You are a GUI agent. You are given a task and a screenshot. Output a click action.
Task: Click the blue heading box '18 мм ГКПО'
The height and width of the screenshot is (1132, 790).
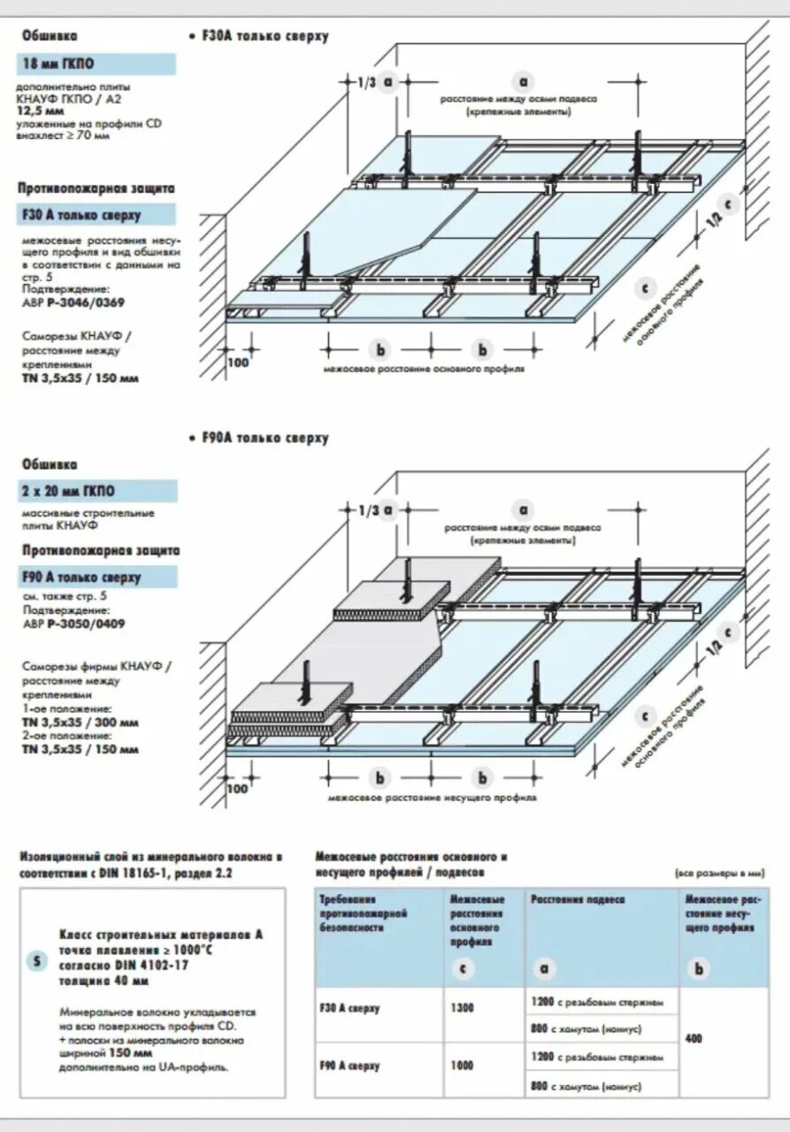point(96,64)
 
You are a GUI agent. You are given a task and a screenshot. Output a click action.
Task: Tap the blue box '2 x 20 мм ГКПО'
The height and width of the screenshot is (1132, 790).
point(96,491)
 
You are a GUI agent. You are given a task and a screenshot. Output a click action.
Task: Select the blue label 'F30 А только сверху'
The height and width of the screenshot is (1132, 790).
point(96,215)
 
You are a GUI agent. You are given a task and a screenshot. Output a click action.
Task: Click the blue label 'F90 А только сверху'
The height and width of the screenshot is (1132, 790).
point(96,577)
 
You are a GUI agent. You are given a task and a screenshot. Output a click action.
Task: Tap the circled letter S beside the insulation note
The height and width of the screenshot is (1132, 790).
point(36,962)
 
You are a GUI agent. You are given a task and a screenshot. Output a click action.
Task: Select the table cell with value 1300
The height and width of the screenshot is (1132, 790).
point(463,1007)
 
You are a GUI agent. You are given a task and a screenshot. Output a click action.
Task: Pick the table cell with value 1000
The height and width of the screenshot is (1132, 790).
point(463,1066)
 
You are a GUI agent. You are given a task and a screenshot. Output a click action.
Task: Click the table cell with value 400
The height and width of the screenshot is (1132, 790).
point(694,1038)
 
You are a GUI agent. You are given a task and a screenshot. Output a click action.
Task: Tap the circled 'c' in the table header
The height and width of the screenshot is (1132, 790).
point(463,968)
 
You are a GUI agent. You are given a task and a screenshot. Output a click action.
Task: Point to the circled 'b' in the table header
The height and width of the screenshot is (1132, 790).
point(700,968)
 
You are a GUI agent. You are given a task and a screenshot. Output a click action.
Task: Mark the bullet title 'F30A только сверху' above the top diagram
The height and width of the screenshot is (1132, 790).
point(263,36)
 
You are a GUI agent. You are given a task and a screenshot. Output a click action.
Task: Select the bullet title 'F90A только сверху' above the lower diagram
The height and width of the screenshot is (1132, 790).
point(263,438)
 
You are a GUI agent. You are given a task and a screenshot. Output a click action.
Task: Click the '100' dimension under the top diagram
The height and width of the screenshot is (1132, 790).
point(238,363)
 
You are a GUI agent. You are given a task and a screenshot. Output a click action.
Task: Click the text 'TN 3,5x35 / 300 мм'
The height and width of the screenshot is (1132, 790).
point(80,722)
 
